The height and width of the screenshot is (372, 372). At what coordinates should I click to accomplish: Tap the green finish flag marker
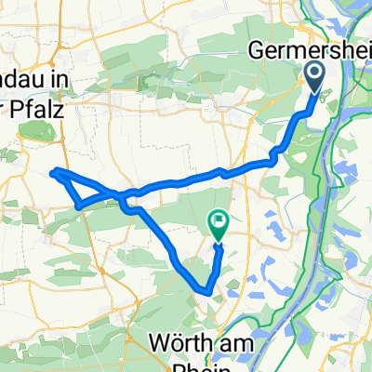pos(218,224)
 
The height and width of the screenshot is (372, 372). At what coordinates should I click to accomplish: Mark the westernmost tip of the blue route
pos(52,171)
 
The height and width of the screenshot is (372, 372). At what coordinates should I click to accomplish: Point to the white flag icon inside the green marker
pos(218,221)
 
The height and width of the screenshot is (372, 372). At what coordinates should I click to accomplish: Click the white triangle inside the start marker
pos(314,73)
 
